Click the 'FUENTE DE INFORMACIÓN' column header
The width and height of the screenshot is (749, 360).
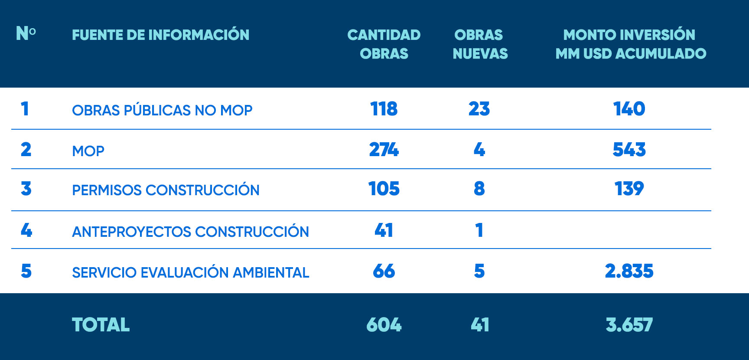click(x=160, y=35)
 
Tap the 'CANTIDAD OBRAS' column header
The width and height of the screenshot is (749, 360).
click(x=384, y=44)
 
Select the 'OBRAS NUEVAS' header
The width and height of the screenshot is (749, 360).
click(x=480, y=44)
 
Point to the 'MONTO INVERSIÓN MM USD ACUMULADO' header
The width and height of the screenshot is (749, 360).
click(x=630, y=44)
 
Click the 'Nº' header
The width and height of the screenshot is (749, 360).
click(x=26, y=33)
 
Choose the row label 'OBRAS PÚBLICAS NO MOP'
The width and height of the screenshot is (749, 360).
click(x=162, y=110)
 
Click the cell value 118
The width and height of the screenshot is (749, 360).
click(x=384, y=109)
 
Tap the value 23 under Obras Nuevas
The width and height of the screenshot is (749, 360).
click(x=479, y=109)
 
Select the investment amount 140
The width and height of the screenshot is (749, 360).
click(x=629, y=109)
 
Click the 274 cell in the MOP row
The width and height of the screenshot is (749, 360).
click(x=384, y=150)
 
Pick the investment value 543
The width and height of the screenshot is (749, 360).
click(x=629, y=150)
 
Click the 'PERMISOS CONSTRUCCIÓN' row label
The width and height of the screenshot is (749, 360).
click(x=166, y=190)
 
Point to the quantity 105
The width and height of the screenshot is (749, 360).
click(x=384, y=189)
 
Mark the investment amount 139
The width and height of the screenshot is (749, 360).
click(x=629, y=189)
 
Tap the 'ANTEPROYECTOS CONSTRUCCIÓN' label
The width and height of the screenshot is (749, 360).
click(x=190, y=232)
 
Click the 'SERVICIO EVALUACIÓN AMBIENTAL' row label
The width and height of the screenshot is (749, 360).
click(x=190, y=272)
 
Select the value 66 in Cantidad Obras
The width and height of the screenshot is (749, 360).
click(x=384, y=271)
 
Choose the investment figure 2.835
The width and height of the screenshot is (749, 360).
click(x=629, y=271)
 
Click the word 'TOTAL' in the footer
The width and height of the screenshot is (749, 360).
click(x=101, y=325)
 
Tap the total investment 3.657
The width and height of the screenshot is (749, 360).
click(x=629, y=325)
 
